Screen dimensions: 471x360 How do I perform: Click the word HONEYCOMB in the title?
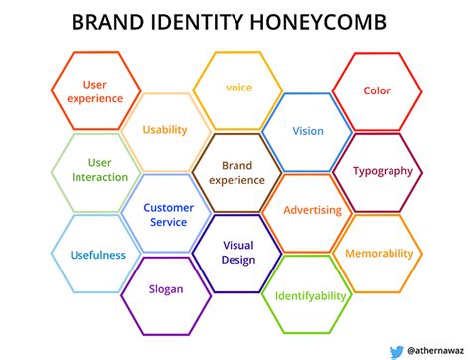[x=318, y=22]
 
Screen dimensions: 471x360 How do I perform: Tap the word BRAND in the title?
[x=107, y=22]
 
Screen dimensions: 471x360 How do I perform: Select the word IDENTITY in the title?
[x=197, y=22]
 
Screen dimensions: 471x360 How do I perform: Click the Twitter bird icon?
[x=396, y=352]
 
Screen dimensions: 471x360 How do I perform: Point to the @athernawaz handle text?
[x=436, y=351]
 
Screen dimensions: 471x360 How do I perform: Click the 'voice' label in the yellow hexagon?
[x=238, y=88]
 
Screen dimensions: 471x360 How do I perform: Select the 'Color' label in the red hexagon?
[x=377, y=90]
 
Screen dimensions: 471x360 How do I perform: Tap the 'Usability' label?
[x=165, y=130]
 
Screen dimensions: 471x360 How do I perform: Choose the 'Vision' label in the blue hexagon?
[x=308, y=131]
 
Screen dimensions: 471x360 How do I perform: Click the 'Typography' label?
[x=383, y=171]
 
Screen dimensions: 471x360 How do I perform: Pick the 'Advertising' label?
[x=312, y=210]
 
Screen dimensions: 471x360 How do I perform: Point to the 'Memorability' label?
[x=380, y=254]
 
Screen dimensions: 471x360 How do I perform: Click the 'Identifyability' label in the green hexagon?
[x=310, y=296]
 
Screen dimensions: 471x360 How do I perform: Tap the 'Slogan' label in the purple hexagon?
[x=166, y=289]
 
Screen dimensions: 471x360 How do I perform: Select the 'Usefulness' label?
[x=98, y=255]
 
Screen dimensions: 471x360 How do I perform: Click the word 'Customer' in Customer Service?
[x=168, y=208]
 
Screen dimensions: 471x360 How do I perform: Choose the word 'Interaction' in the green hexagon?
[x=99, y=177]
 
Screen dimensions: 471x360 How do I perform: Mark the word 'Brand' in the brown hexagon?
[x=236, y=165]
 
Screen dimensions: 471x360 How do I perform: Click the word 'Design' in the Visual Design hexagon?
[x=238, y=260]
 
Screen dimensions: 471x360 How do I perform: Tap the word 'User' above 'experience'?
[x=95, y=85]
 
